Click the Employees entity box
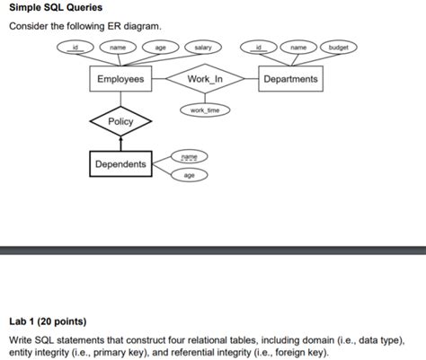click(x=120, y=79)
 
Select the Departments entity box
click(x=290, y=79)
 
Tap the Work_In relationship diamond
click(x=204, y=79)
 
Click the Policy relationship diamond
click(x=120, y=121)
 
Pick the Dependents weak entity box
click(x=120, y=164)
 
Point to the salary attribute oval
click(x=203, y=47)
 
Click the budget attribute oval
click(x=339, y=47)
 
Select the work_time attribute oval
click(x=204, y=110)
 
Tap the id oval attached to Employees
click(x=76, y=47)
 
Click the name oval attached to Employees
click(x=118, y=47)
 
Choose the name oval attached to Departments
click(x=298, y=47)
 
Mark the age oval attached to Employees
click(x=160, y=47)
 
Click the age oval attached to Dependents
click(x=189, y=175)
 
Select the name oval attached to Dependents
click(x=189, y=156)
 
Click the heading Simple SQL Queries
click(x=56, y=8)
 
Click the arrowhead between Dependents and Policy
click(x=120, y=139)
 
